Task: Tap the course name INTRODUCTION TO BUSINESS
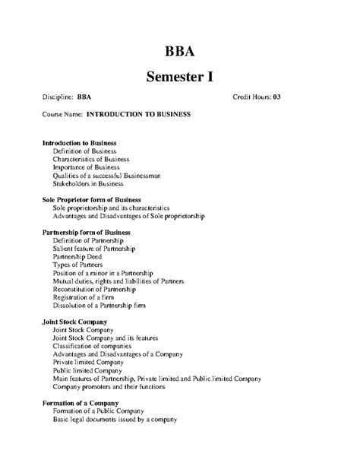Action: point(138,115)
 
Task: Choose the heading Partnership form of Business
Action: point(87,232)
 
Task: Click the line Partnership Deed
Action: point(78,257)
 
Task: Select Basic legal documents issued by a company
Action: point(114,420)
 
